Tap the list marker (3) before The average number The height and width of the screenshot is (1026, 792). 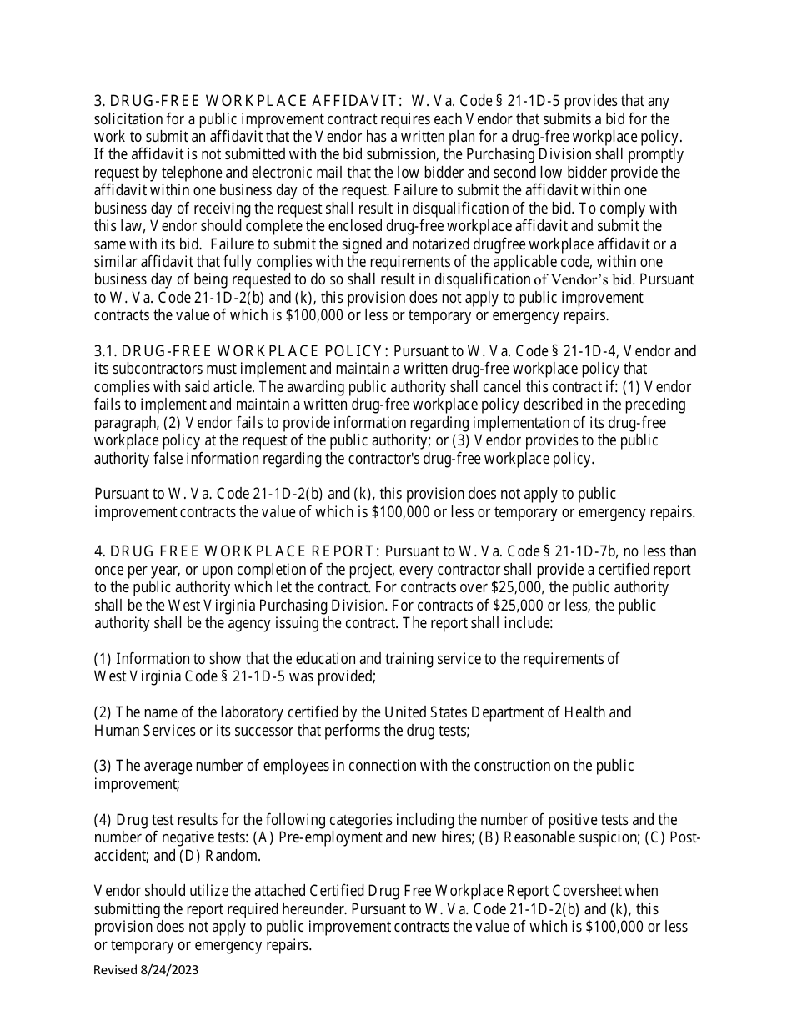click(103, 766)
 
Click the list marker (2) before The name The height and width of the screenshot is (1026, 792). click(103, 712)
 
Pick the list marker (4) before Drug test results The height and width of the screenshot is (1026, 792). click(103, 820)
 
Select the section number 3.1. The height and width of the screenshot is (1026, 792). click(105, 351)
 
